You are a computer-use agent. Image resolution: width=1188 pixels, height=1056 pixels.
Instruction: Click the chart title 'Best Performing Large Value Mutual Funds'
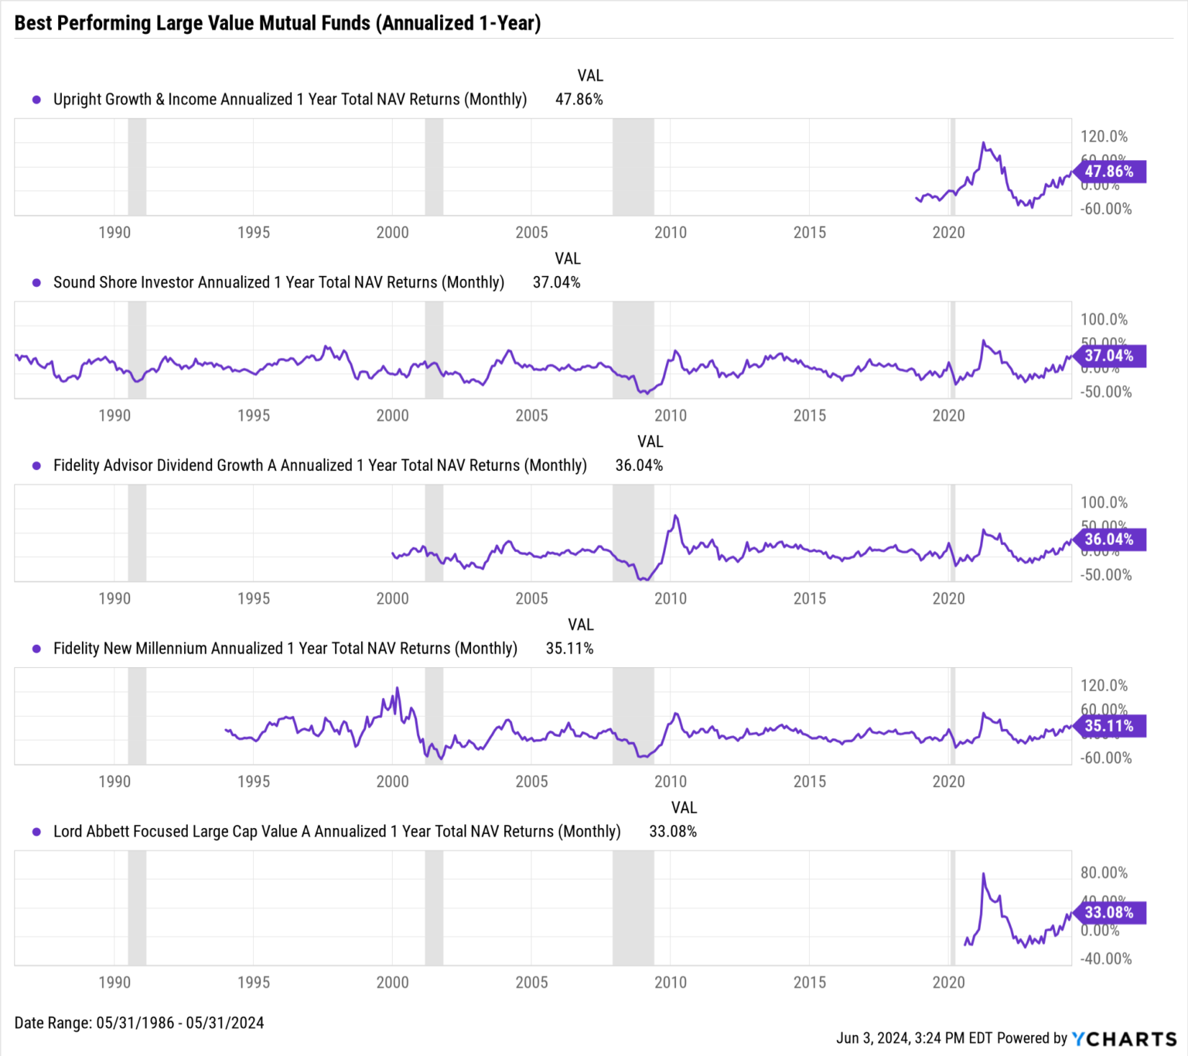(277, 23)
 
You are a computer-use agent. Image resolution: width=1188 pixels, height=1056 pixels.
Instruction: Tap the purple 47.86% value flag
(1108, 172)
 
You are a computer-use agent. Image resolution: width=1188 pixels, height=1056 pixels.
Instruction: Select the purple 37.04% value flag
(1108, 356)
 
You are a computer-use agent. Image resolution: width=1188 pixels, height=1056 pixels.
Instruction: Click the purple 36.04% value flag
(1108, 539)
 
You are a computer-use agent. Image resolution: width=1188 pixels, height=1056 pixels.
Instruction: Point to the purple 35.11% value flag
(1108, 726)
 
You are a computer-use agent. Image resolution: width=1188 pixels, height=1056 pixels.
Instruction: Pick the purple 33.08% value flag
(1108, 912)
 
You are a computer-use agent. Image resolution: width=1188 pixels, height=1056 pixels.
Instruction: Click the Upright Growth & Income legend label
(289, 100)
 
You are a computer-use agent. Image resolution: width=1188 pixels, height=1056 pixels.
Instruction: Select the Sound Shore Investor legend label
(278, 283)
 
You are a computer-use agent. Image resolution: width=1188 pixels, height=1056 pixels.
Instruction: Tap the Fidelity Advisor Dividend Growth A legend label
(319, 465)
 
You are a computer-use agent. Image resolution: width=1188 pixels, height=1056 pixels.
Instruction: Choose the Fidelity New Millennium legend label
(285, 649)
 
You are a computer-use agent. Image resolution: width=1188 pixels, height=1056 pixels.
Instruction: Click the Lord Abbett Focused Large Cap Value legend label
(336, 832)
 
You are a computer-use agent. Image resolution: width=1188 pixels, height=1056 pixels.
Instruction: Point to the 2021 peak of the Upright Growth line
(983, 143)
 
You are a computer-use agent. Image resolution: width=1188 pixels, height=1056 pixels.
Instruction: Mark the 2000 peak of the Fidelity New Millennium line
(398, 688)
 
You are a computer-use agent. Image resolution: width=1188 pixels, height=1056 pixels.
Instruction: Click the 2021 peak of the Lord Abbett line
(983, 874)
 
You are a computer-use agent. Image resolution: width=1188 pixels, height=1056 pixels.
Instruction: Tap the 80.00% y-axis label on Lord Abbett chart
(1104, 873)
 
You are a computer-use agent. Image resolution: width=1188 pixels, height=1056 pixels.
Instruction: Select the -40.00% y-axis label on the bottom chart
(1105, 959)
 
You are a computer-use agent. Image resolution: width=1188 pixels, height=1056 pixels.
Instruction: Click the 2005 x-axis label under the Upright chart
(531, 233)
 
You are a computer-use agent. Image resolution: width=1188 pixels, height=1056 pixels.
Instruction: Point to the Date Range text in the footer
(139, 1023)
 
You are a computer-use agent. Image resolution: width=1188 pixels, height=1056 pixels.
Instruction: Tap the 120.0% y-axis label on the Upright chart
(1104, 137)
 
